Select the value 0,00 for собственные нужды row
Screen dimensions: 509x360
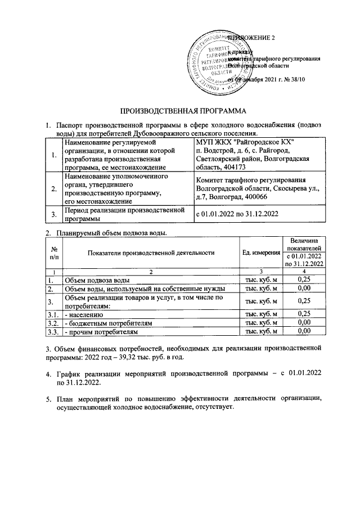point(304,289)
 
